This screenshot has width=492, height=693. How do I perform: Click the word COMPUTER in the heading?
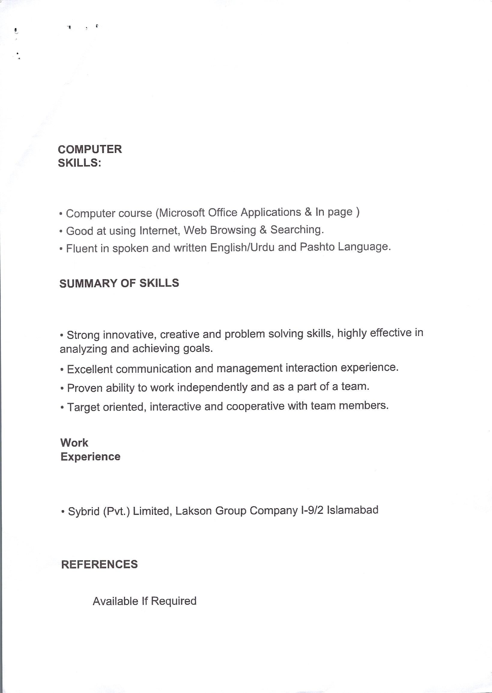pyautogui.click(x=90, y=149)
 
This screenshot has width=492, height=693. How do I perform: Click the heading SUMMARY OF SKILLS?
pyautogui.click(x=119, y=283)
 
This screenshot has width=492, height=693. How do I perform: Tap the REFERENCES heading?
pyautogui.click(x=99, y=564)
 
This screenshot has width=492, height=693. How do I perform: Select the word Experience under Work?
pyautogui.click(x=90, y=456)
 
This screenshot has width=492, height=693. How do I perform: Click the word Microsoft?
pyautogui.click(x=182, y=212)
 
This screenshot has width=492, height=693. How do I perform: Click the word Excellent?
pyautogui.click(x=90, y=369)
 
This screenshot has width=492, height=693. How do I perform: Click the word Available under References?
pyautogui.click(x=115, y=601)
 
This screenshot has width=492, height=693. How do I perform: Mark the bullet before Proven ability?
pyautogui.click(x=62, y=389)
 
